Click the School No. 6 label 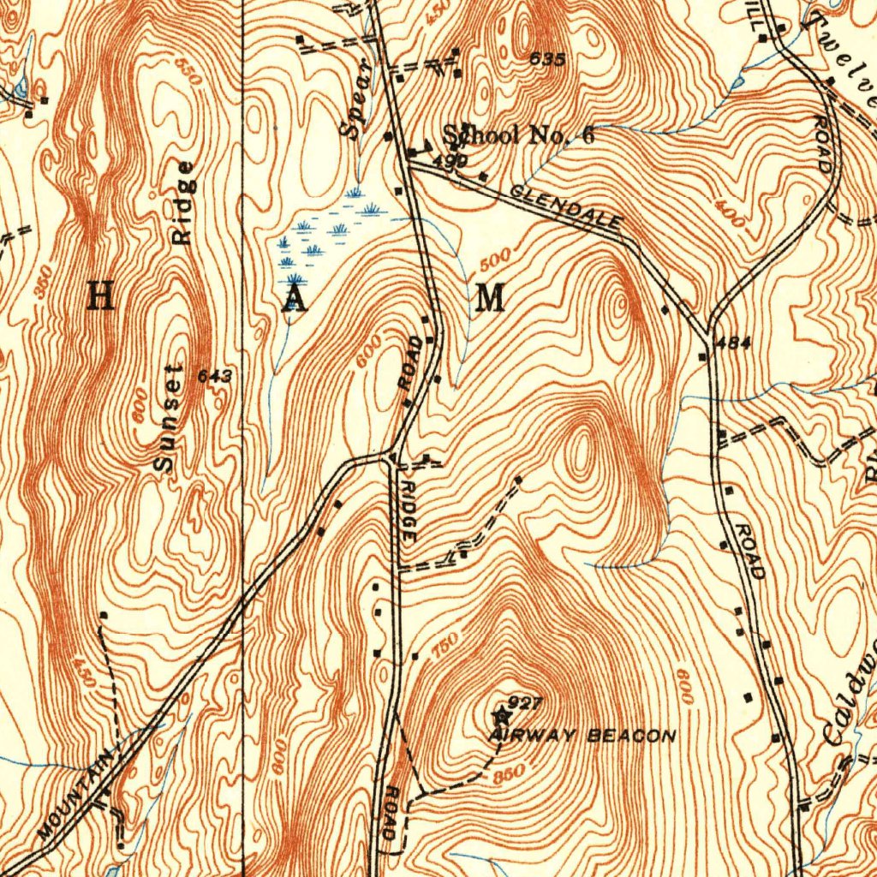point(518,135)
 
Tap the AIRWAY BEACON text point(583,736)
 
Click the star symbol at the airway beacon point(501,712)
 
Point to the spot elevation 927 point(525,703)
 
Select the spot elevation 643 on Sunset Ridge point(214,376)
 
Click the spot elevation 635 point(547,59)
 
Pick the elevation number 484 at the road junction point(733,343)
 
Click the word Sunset point(168,417)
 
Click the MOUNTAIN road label point(76,795)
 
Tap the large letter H point(101,297)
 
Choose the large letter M point(489,299)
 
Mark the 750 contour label point(444,643)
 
